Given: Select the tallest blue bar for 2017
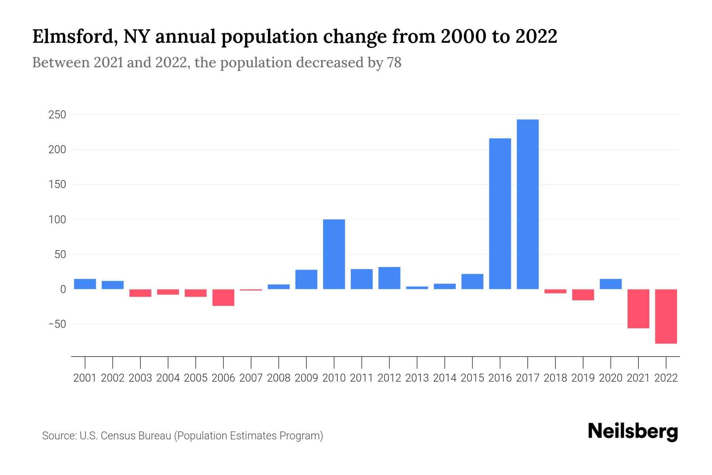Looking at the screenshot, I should pyautogui.click(x=528, y=204).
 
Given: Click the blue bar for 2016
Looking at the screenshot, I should pyautogui.click(x=500, y=214).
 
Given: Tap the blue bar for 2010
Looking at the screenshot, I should pyautogui.click(x=334, y=254).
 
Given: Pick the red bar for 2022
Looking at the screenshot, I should pyautogui.click(x=666, y=316).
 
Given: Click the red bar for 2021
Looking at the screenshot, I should pyautogui.click(x=638, y=309).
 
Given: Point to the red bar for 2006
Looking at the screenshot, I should pyautogui.click(x=223, y=298).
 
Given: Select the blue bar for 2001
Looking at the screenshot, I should pyautogui.click(x=85, y=284).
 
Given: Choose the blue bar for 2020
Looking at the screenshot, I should pyautogui.click(x=610, y=284).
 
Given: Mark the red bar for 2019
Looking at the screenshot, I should pyautogui.click(x=583, y=295).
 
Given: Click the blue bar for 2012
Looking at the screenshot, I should pyautogui.click(x=389, y=278).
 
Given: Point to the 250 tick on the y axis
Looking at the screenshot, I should pyautogui.click(x=57, y=115).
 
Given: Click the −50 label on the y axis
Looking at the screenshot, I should pyautogui.click(x=57, y=324).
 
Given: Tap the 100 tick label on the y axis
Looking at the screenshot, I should pyautogui.click(x=57, y=220).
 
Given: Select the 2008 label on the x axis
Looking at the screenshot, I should pyautogui.click(x=278, y=378).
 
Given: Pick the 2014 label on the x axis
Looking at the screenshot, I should pyautogui.click(x=445, y=378).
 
